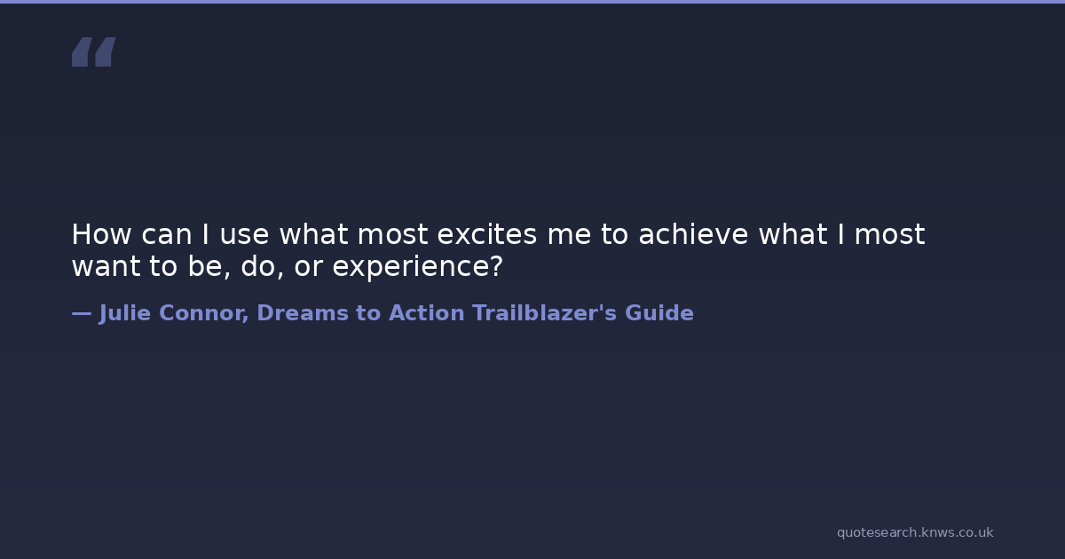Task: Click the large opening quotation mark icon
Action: point(94,51)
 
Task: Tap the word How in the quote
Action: point(101,234)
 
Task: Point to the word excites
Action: point(487,234)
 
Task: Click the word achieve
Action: point(693,234)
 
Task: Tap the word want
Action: point(106,267)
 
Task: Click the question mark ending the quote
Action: point(496,265)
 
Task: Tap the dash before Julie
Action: point(82,314)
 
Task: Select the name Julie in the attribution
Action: point(125,314)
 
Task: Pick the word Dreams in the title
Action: point(303,313)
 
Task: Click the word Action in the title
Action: point(427,313)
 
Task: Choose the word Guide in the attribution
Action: point(659,312)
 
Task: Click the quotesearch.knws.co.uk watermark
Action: point(915,533)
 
